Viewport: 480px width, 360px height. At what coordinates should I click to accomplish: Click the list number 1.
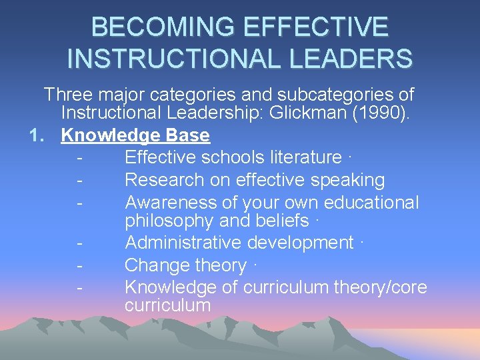click(37, 135)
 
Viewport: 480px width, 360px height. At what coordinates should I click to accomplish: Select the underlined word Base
click(188, 135)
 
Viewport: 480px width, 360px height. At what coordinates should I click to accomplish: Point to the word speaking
click(347, 180)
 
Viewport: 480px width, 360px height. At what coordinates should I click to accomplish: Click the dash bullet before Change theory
click(80, 265)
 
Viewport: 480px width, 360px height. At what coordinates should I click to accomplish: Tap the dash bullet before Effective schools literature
click(80, 158)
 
